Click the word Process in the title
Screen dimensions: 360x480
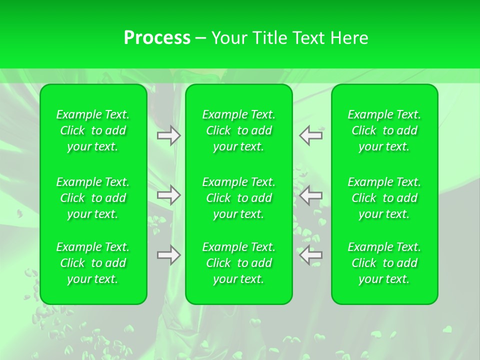coord(157,38)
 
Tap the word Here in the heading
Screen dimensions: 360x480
coord(349,38)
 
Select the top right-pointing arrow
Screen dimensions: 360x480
coord(169,135)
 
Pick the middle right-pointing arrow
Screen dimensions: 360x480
coord(169,195)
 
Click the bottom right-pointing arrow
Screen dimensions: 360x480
coord(169,255)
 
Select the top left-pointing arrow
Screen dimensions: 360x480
coord(311,135)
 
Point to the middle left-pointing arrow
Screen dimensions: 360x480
coord(311,195)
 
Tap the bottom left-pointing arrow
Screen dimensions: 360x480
coord(311,255)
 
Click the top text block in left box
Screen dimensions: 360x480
coord(93,130)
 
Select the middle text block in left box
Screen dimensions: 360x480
coord(93,198)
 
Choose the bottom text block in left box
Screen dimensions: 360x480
coord(93,263)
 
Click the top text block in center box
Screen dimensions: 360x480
coord(239,130)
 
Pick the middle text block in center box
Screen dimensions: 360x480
coord(239,198)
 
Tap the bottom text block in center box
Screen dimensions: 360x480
coord(239,263)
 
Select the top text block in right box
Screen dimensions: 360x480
coord(384,130)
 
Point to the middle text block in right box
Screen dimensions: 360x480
coord(384,198)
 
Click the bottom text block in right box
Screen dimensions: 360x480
coord(384,263)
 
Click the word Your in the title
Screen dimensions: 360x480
coord(230,38)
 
